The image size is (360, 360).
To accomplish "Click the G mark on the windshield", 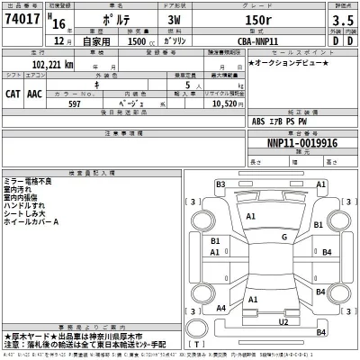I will (284, 237).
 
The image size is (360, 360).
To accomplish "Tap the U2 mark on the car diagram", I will (284, 321).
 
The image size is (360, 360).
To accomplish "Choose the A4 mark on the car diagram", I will (220, 308).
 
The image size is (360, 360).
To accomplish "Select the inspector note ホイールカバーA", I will (32, 221).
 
